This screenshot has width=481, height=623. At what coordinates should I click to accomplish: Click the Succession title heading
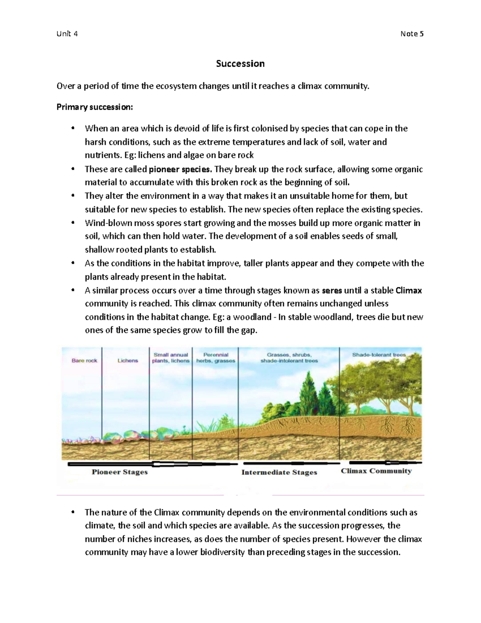[240, 64]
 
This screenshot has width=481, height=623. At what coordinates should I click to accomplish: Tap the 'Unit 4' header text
[67, 34]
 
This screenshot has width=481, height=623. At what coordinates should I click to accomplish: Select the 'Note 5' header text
[412, 34]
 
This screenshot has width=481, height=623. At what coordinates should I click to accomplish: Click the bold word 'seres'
[332, 290]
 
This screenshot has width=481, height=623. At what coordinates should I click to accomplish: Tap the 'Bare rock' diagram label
[84, 361]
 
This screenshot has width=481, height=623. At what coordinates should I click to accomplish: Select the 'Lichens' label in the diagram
[127, 361]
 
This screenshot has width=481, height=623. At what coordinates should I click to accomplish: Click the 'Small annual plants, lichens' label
[171, 357]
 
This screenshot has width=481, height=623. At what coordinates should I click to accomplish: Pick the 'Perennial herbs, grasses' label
[216, 357]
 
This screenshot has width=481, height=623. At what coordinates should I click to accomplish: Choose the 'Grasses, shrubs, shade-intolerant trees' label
[289, 357]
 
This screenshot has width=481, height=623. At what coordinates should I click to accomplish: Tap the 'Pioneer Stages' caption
[119, 472]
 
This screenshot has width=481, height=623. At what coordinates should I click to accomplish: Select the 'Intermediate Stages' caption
[279, 473]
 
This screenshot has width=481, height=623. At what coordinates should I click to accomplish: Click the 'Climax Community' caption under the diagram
[376, 471]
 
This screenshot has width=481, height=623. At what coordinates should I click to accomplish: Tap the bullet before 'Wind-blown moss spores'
[73, 223]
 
